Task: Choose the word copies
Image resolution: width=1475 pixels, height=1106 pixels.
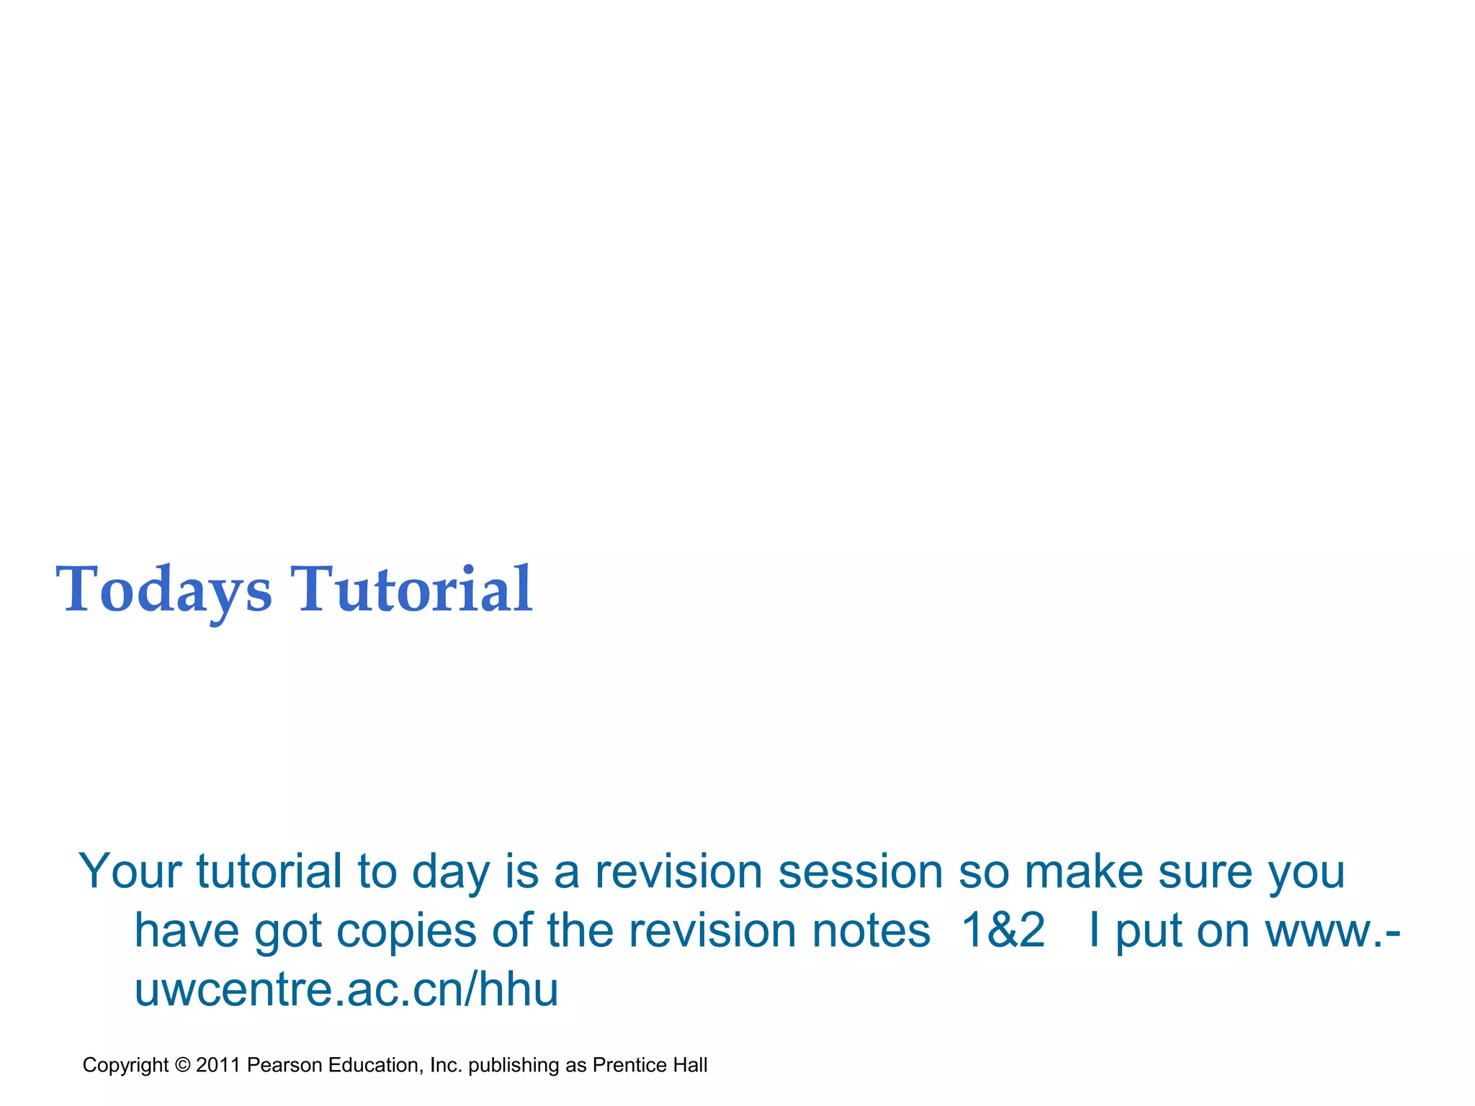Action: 406,930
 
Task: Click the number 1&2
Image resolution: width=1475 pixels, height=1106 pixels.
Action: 1003,930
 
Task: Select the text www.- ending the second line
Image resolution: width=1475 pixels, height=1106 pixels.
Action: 1333,930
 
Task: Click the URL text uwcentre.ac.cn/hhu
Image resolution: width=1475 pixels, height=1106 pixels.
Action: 346,989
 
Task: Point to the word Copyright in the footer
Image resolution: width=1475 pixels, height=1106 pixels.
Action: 125,1065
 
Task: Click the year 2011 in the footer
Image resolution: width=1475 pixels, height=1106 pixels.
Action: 218,1065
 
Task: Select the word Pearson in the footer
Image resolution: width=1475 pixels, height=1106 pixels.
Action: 284,1065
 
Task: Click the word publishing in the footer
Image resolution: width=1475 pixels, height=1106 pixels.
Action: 514,1065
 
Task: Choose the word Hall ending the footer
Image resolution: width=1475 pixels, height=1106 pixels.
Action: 690,1065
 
